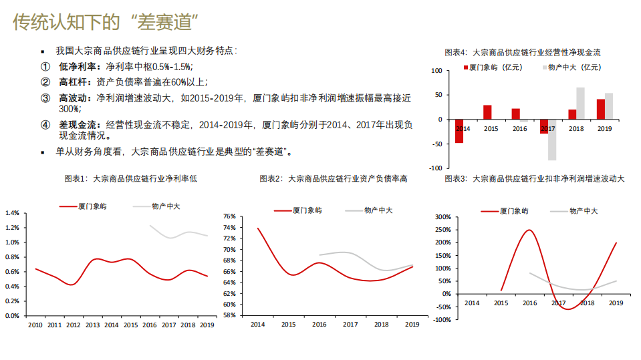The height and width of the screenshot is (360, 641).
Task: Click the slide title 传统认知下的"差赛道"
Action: [108, 22]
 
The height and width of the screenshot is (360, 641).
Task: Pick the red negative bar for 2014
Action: [459, 131]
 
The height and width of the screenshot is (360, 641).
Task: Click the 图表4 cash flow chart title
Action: [523, 51]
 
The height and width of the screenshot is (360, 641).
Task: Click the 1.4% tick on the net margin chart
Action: [11, 213]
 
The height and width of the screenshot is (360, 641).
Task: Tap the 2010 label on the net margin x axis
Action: [35, 325]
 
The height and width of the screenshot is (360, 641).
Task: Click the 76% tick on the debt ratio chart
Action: [229, 216]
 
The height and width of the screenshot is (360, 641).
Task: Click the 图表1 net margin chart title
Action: [130, 178]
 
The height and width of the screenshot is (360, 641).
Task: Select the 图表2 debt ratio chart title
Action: [334, 178]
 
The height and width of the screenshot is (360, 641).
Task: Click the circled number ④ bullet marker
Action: [45, 124]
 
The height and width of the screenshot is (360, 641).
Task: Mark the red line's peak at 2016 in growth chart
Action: [529, 230]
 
